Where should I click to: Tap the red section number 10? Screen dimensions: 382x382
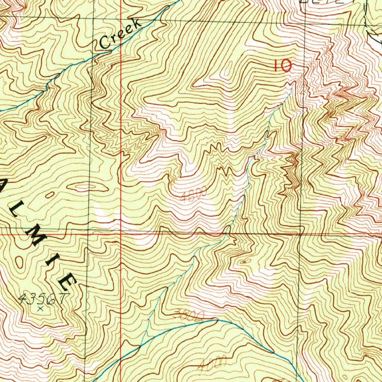[282, 66]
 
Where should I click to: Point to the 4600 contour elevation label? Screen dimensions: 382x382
[193, 195]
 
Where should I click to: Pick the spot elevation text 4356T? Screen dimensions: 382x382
[44, 299]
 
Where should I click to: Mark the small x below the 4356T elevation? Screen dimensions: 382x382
[41, 309]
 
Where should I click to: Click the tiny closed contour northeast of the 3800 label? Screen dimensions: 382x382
[244, 262]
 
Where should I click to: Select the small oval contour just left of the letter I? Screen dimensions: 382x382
[19, 262]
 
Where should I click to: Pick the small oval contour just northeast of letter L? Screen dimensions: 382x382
[50, 195]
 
